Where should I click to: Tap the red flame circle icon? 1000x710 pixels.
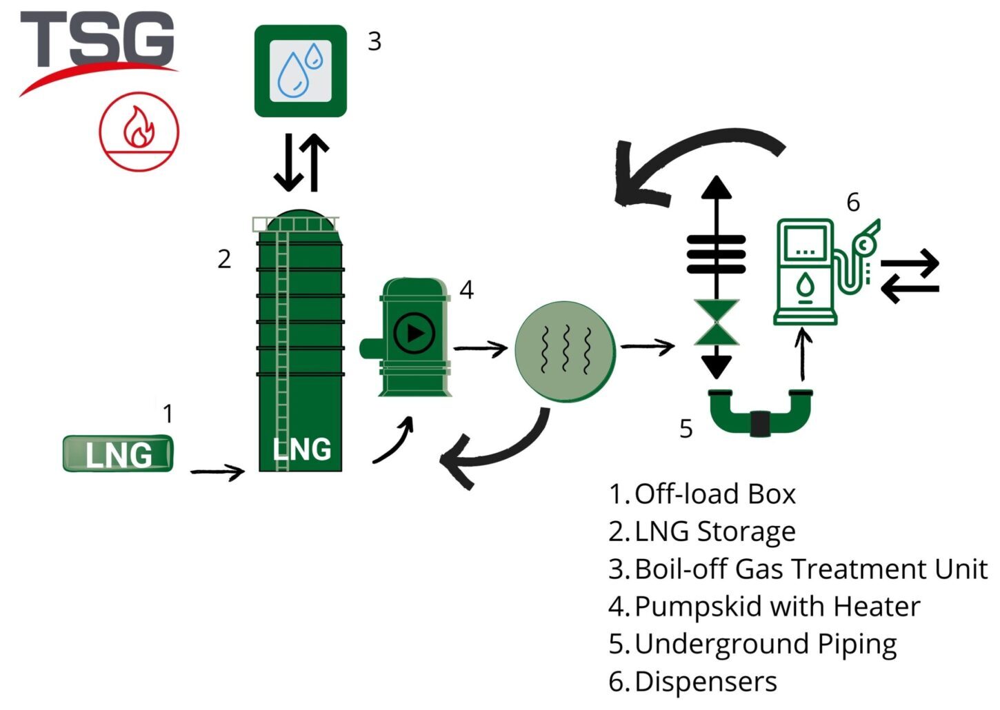tap(139, 131)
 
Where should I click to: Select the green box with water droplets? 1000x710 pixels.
tap(301, 71)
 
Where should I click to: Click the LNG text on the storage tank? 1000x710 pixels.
tap(301, 449)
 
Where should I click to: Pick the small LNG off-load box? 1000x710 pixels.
tap(118, 454)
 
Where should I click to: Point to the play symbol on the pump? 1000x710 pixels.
tap(414, 334)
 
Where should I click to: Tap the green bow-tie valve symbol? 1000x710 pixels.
tap(717, 322)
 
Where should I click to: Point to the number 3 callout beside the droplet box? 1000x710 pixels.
tap(374, 41)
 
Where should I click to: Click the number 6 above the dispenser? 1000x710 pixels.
tap(853, 202)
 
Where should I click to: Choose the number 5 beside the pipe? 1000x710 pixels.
tap(686, 429)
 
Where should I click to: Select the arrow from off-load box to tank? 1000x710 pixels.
tap(217, 472)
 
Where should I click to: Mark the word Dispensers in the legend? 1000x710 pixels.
tap(706, 681)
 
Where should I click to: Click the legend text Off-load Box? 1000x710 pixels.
tap(715, 494)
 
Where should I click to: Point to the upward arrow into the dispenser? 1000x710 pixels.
tap(803, 355)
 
